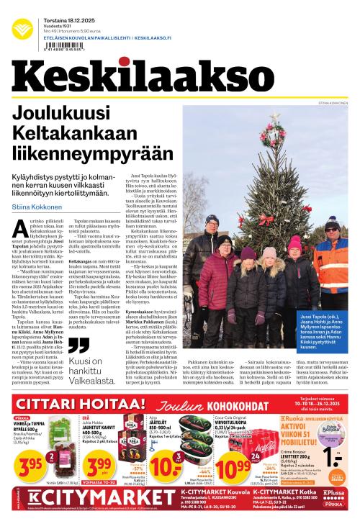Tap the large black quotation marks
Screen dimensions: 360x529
79,345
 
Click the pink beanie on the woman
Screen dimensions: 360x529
296,244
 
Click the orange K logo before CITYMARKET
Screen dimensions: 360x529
34,515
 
